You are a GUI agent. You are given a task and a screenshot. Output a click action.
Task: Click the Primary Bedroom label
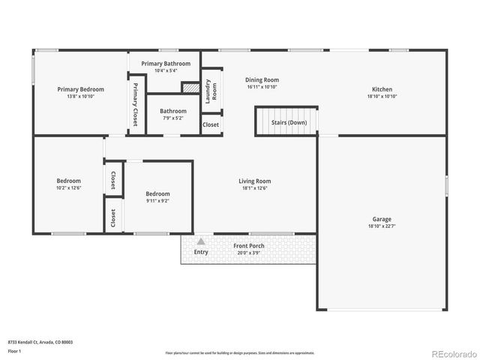point(80,89)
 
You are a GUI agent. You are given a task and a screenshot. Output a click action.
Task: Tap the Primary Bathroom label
point(163,64)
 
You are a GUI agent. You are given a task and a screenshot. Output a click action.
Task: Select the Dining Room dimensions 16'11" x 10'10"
point(262,87)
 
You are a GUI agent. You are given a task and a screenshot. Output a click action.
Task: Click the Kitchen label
point(382,89)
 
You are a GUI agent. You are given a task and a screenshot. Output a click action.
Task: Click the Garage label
point(382,218)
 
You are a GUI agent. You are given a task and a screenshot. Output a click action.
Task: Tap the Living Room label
point(254,181)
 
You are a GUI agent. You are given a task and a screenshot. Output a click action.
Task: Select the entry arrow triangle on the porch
point(200,241)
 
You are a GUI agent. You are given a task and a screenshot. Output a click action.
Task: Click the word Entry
point(201,252)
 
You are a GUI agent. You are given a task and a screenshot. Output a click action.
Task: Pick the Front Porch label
point(247,247)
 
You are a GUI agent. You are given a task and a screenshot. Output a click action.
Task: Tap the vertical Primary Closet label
point(136,105)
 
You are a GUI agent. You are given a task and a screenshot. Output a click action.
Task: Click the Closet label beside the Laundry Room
point(211,124)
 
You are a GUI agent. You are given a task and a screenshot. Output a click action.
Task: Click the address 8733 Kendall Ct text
point(40,342)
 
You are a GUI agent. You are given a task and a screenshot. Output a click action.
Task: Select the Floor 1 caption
point(14,350)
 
